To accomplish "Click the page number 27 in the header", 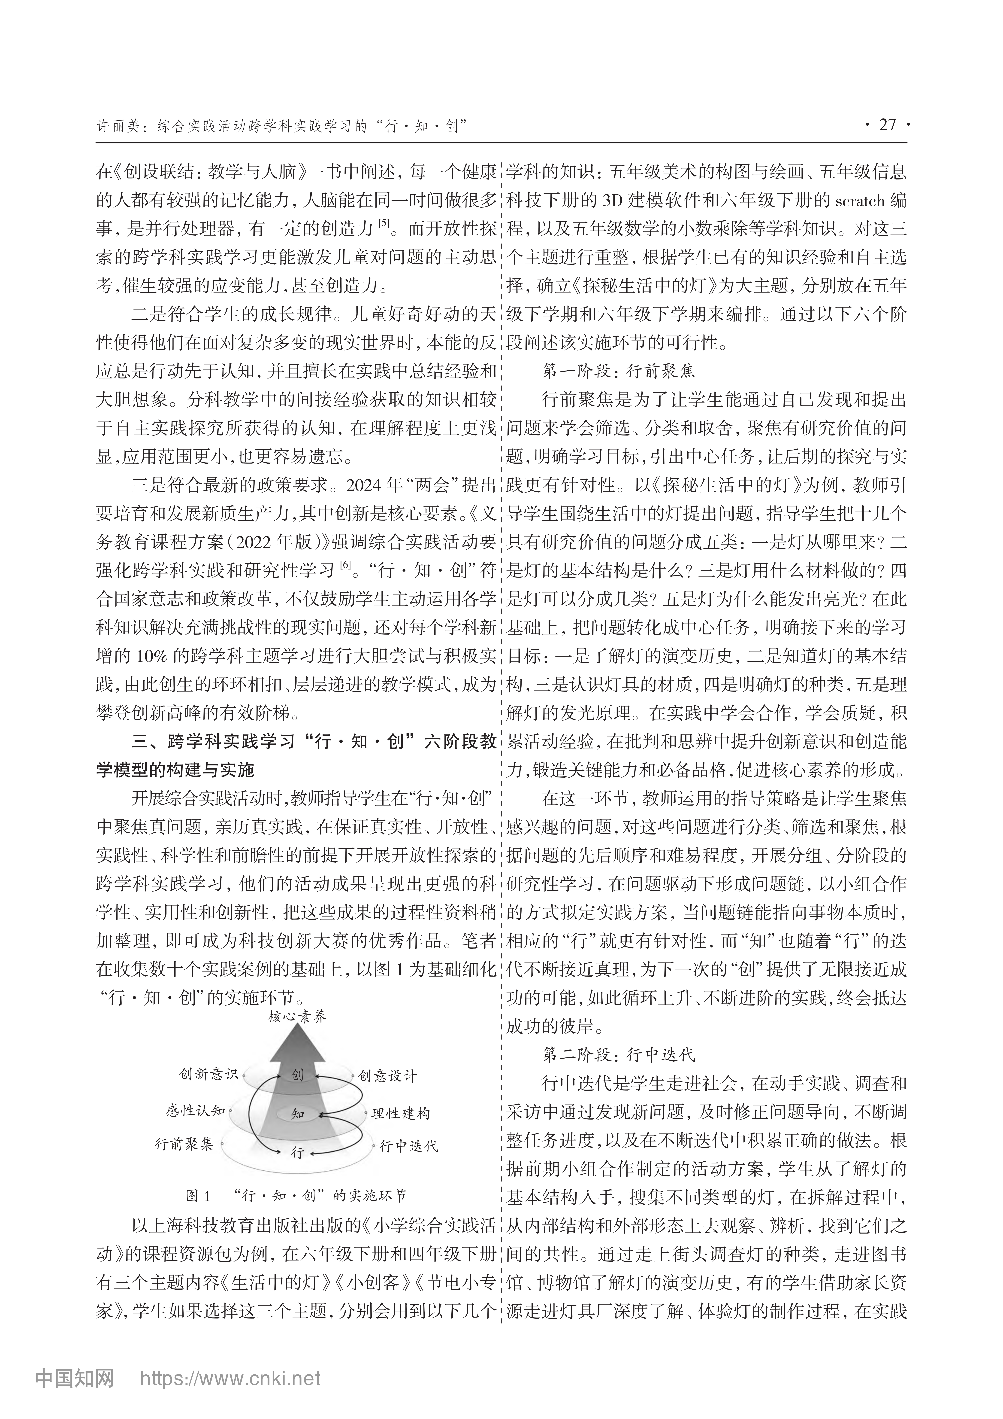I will tap(887, 125).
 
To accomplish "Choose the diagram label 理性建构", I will tap(400, 1114).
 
